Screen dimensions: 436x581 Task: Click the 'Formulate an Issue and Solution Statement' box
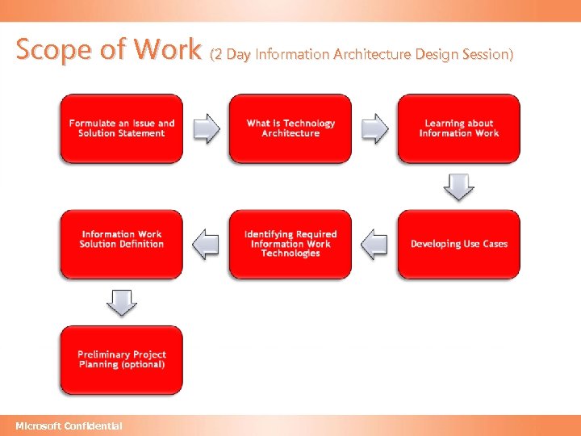[x=121, y=128]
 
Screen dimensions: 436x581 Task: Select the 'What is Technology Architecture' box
[x=290, y=128]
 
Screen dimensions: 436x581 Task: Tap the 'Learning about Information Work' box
[x=458, y=128]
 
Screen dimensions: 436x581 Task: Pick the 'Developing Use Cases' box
[x=458, y=244]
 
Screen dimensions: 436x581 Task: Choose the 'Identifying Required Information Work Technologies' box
[x=290, y=244]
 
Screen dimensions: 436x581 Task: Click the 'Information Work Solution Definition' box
[x=121, y=244]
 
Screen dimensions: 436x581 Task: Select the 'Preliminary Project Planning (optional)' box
[x=121, y=359]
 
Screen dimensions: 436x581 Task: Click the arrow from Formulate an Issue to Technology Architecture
[x=207, y=128]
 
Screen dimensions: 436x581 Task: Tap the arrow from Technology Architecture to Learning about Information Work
[x=374, y=128]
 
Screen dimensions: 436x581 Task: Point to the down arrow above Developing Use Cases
[x=458, y=187]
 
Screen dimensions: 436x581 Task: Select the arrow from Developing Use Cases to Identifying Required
[x=374, y=244]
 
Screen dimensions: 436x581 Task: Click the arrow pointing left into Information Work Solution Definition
[x=207, y=244]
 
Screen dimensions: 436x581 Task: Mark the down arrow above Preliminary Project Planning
[x=121, y=303]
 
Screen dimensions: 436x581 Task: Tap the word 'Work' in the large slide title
[x=167, y=50]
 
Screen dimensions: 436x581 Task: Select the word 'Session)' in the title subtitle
[x=485, y=54]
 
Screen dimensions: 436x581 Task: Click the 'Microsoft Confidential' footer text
[x=69, y=426]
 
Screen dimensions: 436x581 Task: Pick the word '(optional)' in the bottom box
[x=143, y=364]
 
